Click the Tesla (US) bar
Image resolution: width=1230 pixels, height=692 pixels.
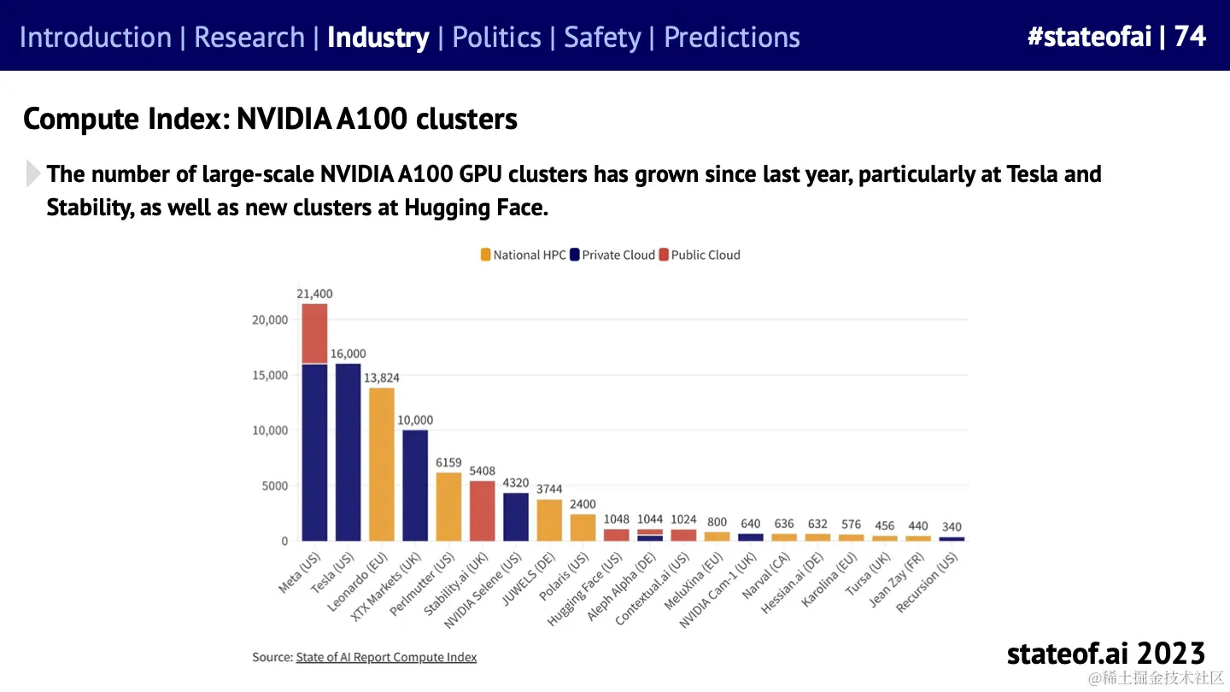[348, 452]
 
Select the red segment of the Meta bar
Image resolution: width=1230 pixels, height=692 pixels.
[314, 333]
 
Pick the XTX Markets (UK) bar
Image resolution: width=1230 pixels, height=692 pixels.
[415, 484]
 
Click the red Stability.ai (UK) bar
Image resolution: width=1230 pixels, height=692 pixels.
[483, 510]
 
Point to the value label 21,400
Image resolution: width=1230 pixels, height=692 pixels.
[313, 294]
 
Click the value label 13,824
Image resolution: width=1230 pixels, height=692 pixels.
[382, 378]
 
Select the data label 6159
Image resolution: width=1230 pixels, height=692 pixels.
[448, 463]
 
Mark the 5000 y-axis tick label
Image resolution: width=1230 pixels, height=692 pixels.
[274, 486]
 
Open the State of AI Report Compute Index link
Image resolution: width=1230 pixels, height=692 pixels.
[386, 657]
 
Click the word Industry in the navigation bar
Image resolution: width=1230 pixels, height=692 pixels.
[378, 38]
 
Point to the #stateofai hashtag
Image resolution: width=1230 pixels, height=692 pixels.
[1089, 36]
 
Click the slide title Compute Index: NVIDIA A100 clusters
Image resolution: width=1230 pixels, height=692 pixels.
[270, 119]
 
